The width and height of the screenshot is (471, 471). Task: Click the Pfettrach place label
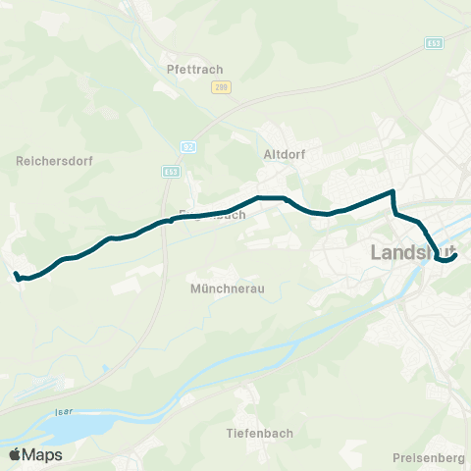(196, 69)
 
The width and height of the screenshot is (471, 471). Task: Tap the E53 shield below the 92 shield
(171, 171)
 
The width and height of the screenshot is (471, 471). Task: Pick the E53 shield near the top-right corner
(434, 43)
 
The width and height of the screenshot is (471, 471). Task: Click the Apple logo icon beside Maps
(15, 454)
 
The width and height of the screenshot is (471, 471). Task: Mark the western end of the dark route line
(16, 274)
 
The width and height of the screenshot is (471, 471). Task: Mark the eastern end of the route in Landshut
(456, 256)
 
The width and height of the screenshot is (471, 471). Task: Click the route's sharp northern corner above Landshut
(393, 191)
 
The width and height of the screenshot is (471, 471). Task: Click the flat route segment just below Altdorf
(271, 198)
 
